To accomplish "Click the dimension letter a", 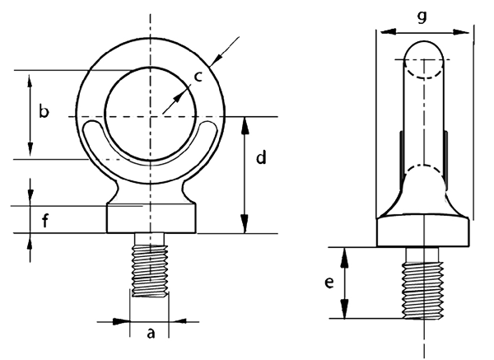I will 150,334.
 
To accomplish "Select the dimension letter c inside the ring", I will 198,77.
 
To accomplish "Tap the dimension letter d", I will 260,157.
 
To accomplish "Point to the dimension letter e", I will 329,283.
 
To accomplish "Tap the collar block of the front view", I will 151,218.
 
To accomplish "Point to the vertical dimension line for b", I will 30,115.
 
